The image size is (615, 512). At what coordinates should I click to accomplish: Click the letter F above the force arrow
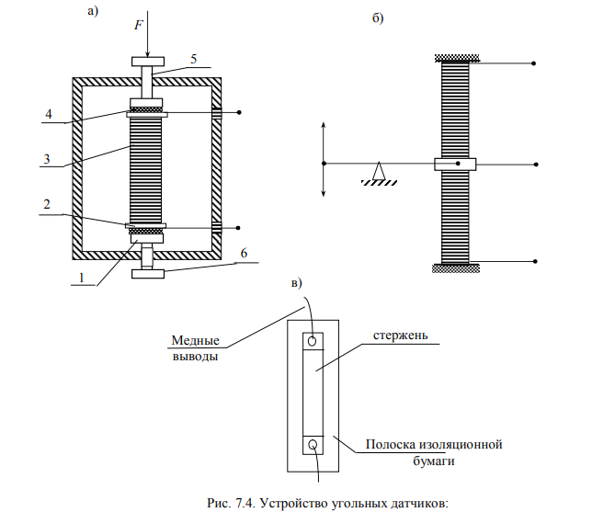pyautogui.click(x=138, y=27)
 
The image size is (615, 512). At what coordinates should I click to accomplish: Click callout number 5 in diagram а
pyautogui.click(x=194, y=58)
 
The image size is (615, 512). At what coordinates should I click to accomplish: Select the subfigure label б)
pyautogui.click(x=377, y=19)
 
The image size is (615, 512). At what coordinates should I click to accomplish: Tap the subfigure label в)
pyautogui.click(x=296, y=281)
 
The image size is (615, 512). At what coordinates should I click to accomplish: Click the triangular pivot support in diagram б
pyautogui.click(x=378, y=170)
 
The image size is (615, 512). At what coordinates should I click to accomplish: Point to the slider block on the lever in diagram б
pyautogui.click(x=454, y=165)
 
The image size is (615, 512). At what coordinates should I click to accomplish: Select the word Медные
pyautogui.click(x=195, y=341)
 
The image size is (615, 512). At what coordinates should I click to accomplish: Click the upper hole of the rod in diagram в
pyautogui.click(x=313, y=342)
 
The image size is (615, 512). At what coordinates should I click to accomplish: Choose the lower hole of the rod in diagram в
pyautogui.click(x=313, y=446)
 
